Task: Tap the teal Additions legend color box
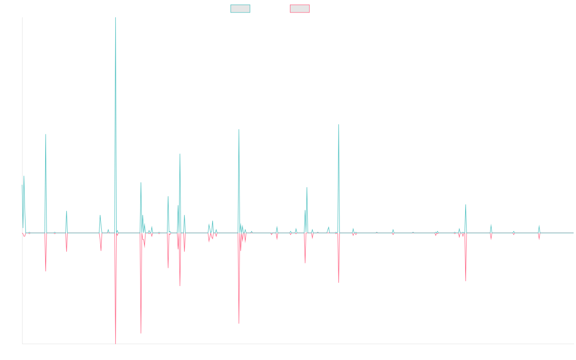(x=240, y=9)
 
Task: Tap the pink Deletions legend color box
(x=300, y=9)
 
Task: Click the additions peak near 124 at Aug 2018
(x=239, y=130)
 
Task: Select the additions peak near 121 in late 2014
(x=46, y=134)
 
